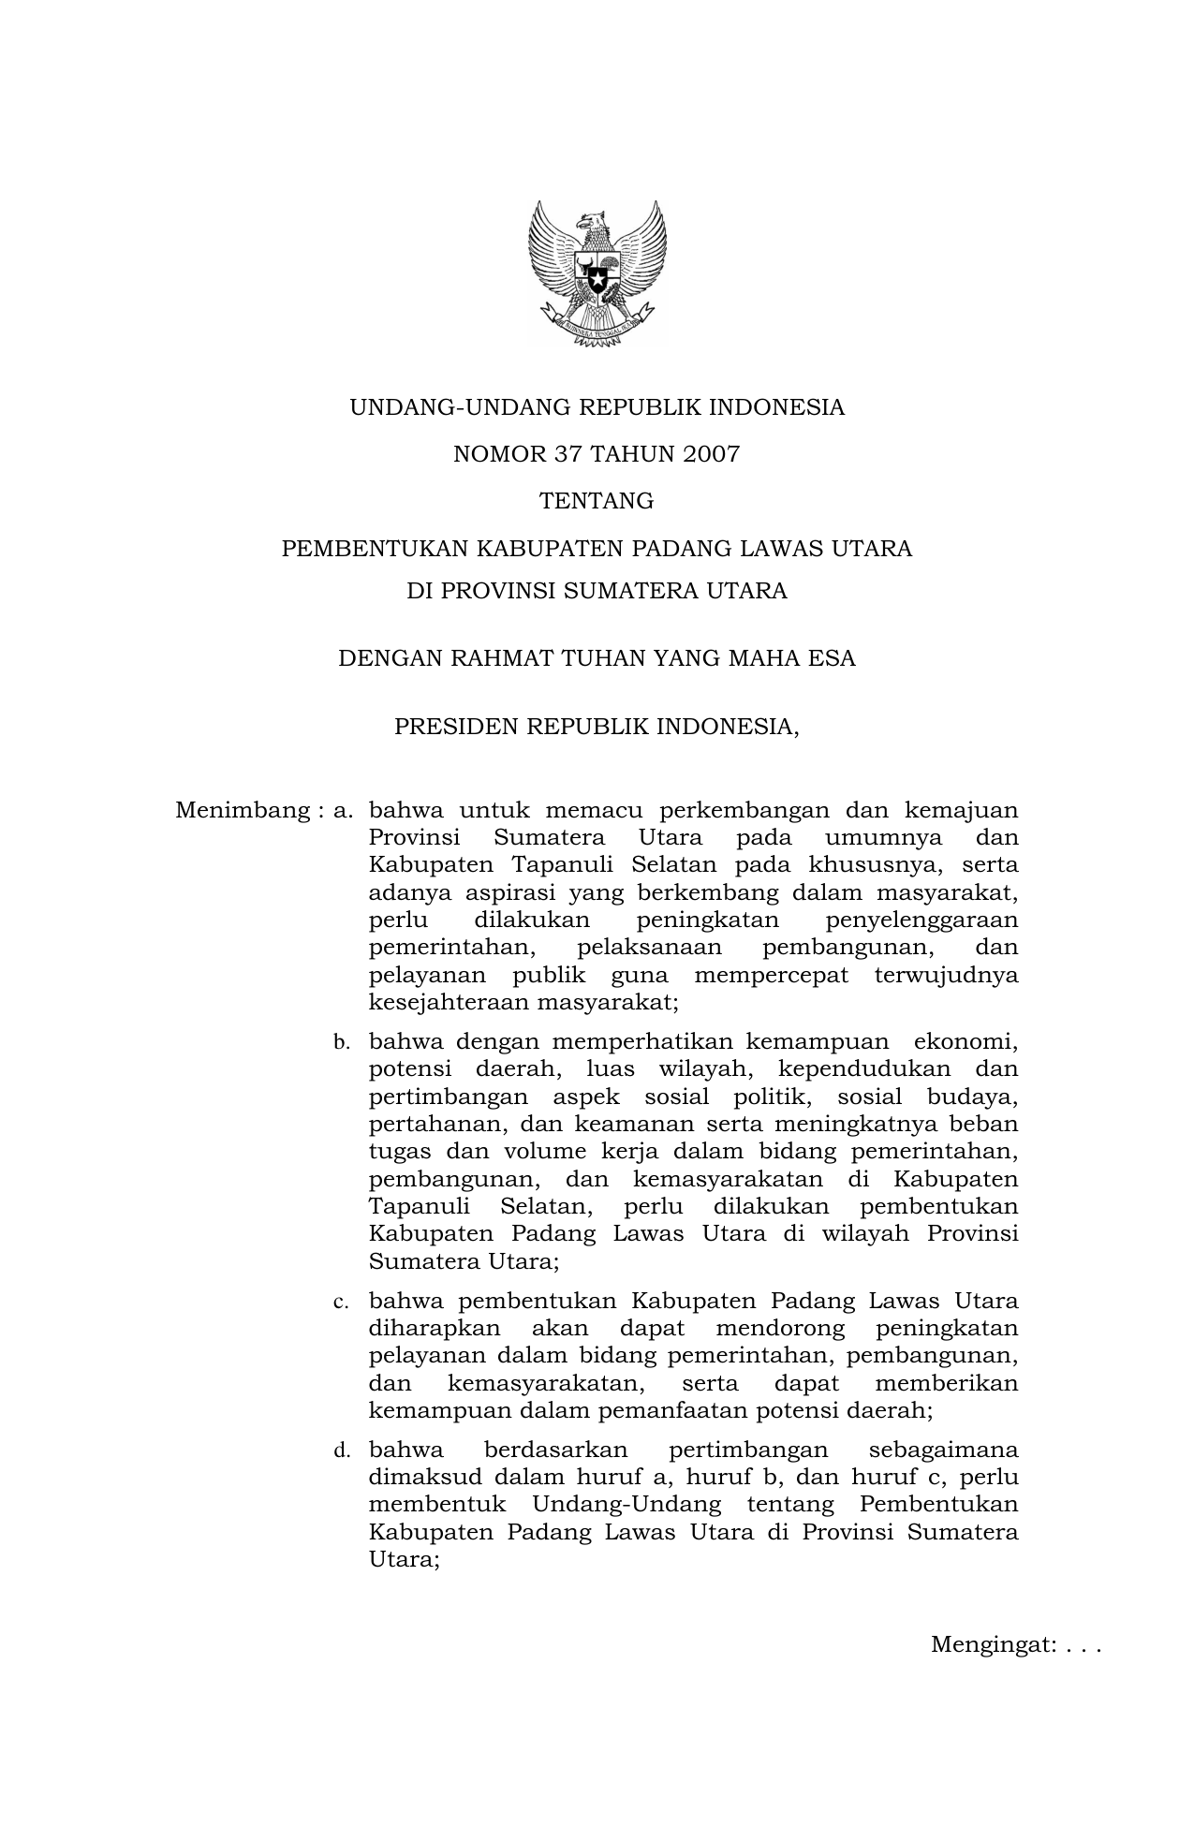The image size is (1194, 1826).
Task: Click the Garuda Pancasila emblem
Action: (x=597, y=272)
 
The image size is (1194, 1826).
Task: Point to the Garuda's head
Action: (x=589, y=223)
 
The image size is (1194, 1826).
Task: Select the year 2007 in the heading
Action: (x=711, y=455)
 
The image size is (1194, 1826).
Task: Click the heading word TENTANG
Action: (x=597, y=502)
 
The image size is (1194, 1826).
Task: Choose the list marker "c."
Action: (x=342, y=1303)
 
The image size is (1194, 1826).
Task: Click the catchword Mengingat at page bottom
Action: (x=994, y=1645)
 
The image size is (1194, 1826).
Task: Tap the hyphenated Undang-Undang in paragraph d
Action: (x=626, y=1505)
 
